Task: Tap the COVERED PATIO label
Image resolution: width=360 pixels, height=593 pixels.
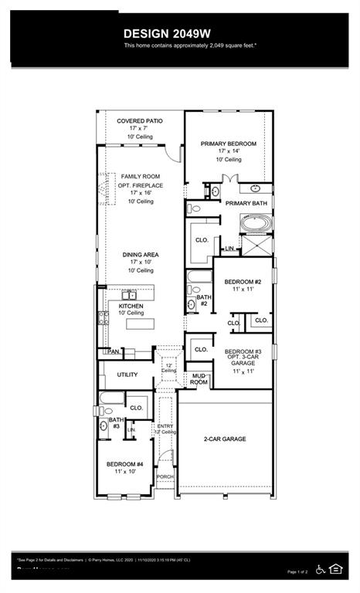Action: click(x=139, y=121)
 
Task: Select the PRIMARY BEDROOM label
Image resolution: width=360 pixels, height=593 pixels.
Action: click(x=228, y=144)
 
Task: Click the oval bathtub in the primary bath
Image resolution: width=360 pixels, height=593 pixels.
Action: click(x=255, y=224)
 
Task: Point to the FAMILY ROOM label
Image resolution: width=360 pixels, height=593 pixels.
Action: click(x=140, y=177)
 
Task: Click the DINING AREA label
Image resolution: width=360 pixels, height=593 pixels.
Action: click(x=140, y=255)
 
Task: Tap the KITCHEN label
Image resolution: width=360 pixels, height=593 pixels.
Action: click(x=131, y=306)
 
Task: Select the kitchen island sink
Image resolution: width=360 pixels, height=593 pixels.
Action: click(x=127, y=294)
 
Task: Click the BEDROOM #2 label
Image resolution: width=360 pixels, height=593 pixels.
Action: click(x=243, y=282)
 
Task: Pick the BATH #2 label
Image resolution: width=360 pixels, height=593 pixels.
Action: click(x=204, y=300)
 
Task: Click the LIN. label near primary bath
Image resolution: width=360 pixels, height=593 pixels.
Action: click(x=229, y=249)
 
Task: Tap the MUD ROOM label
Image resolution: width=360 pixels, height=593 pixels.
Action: click(x=199, y=379)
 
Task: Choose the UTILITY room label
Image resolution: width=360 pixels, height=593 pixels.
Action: click(x=127, y=374)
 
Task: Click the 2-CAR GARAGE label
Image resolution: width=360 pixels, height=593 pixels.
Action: click(x=224, y=439)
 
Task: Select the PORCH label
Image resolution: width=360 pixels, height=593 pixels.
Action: click(x=165, y=476)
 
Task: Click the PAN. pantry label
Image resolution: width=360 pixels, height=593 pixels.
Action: click(x=113, y=351)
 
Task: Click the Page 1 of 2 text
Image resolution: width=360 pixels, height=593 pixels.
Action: click(x=297, y=571)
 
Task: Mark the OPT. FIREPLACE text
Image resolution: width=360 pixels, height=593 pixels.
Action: click(x=140, y=185)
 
